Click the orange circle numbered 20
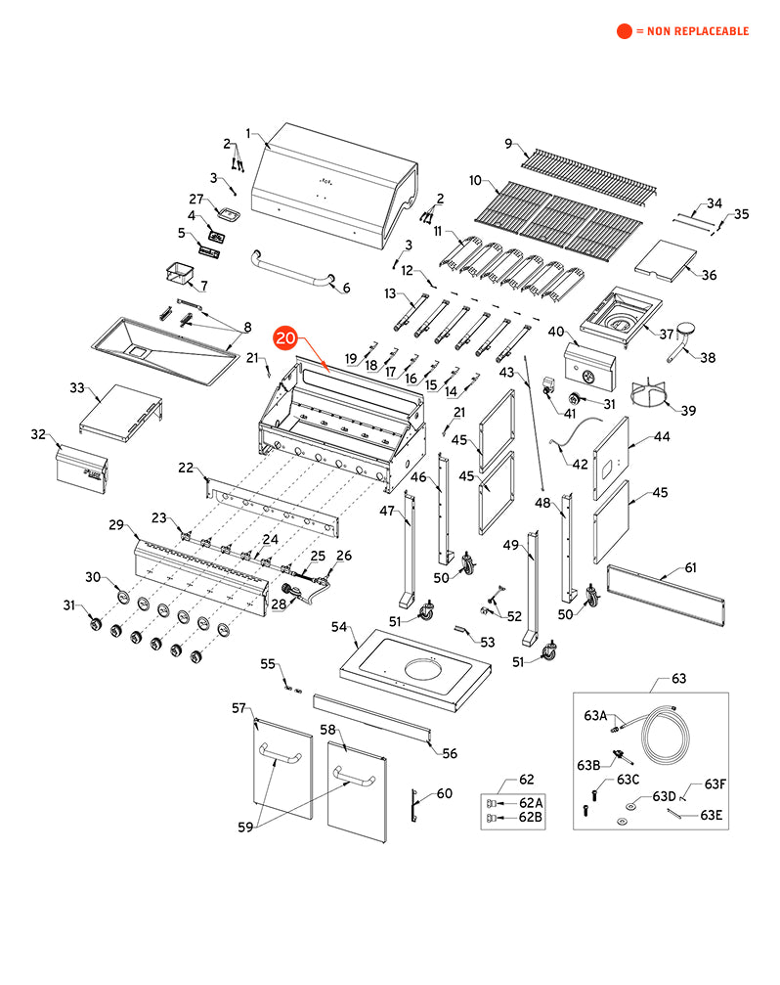(x=285, y=338)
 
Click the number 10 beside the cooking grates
(x=476, y=181)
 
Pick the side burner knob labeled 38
(x=685, y=336)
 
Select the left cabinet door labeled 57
(x=282, y=783)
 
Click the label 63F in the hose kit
(x=715, y=784)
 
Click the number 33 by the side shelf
(x=77, y=388)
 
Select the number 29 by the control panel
(x=116, y=526)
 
